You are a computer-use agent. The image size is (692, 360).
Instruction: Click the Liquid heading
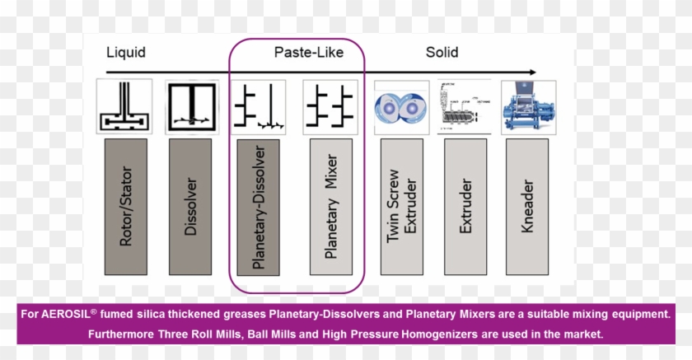[126, 53]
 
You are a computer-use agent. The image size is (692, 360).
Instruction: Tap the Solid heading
[442, 53]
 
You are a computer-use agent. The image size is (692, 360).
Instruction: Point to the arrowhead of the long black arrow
[531, 72]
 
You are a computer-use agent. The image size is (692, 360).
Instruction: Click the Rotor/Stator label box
[125, 206]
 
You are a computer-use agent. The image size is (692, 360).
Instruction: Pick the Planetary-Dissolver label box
[259, 206]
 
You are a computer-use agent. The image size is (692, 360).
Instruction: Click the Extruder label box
[465, 206]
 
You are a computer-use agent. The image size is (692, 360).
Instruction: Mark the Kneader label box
[528, 206]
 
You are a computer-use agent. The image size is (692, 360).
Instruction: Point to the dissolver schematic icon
[192, 107]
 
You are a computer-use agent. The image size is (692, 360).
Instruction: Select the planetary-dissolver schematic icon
[259, 107]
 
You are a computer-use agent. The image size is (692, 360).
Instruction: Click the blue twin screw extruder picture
[402, 107]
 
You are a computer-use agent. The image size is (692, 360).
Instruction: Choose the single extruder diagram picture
[465, 107]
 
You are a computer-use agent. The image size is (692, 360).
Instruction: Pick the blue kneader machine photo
[529, 107]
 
